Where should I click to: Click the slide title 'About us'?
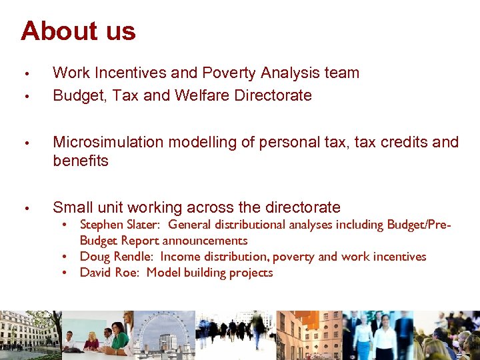pos(78,31)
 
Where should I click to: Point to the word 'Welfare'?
pos(201,95)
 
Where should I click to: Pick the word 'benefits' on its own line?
pos(80,161)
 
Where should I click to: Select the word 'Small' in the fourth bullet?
pos(73,207)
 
